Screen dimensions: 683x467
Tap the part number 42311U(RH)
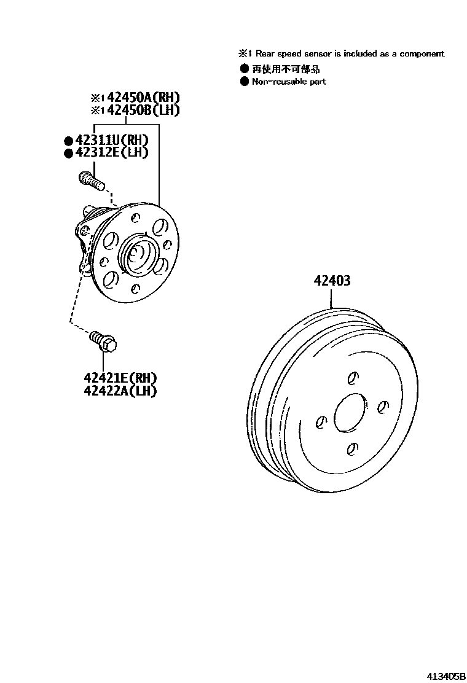point(111,141)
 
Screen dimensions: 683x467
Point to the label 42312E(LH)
point(111,153)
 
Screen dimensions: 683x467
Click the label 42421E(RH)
point(120,377)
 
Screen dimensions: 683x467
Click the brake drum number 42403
point(332,281)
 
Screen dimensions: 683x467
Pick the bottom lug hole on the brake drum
point(351,450)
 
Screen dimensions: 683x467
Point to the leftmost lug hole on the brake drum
point(320,421)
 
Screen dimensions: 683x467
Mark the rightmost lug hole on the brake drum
point(383,407)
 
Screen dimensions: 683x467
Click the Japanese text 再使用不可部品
point(286,69)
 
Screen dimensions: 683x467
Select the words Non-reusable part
point(289,82)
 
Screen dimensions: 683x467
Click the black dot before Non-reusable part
point(245,81)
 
